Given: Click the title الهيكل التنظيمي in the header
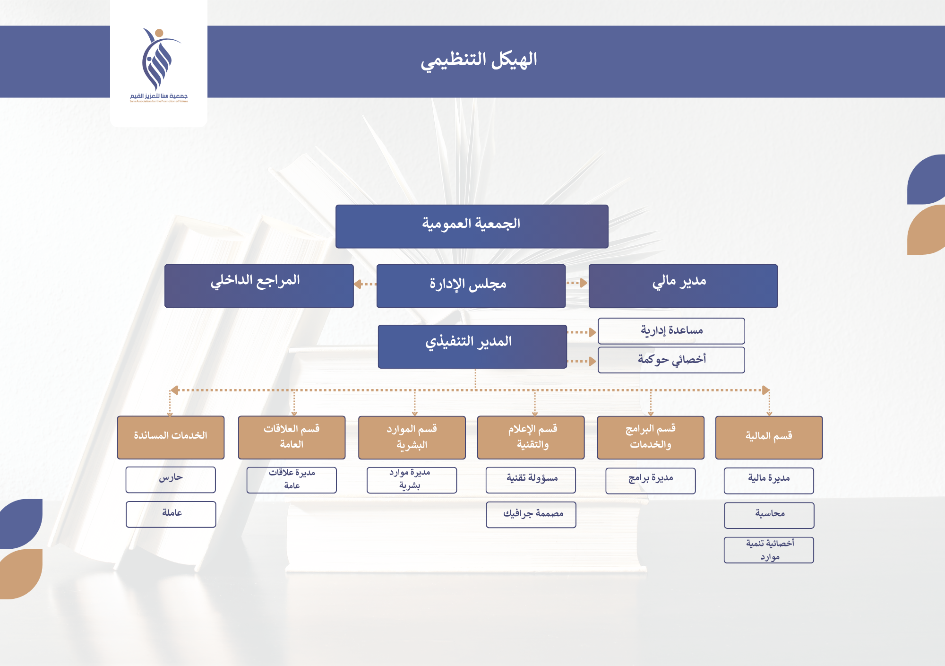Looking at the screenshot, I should (x=479, y=61).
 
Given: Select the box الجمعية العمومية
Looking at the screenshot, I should (x=472, y=226).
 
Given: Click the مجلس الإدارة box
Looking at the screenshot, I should (x=471, y=285).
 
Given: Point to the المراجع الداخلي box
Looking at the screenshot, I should (x=258, y=285).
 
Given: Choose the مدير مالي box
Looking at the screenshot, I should (x=683, y=285).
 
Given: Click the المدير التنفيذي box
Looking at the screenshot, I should (x=472, y=346).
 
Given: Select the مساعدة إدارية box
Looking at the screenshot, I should (x=671, y=331).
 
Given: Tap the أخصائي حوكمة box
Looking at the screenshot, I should (x=671, y=360).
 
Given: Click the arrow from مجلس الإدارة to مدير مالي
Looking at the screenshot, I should (x=577, y=283).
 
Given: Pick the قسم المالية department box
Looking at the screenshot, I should (x=769, y=437).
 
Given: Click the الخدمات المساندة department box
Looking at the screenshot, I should (x=171, y=437).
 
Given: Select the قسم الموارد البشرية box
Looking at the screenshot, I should (x=412, y=437).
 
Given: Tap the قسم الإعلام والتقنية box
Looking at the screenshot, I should (x=531, y=437).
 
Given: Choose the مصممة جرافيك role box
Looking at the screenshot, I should (x=531, y=514).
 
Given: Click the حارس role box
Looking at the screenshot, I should (x=171, y=479).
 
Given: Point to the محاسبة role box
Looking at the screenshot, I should (x=769, y=515).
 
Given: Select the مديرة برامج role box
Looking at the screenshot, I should (x=650, y=480).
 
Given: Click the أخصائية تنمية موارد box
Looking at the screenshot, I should (x=769, y=550).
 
